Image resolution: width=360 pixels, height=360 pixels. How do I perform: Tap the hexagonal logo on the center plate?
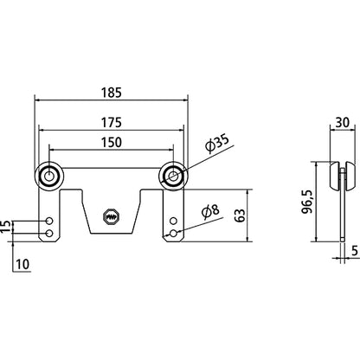pos(111,217)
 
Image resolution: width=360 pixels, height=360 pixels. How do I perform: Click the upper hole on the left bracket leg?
pos(48,222)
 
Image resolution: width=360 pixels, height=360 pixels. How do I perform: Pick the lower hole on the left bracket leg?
pos(48,234)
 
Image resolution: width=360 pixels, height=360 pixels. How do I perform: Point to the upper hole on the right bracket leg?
pos(177,222)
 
